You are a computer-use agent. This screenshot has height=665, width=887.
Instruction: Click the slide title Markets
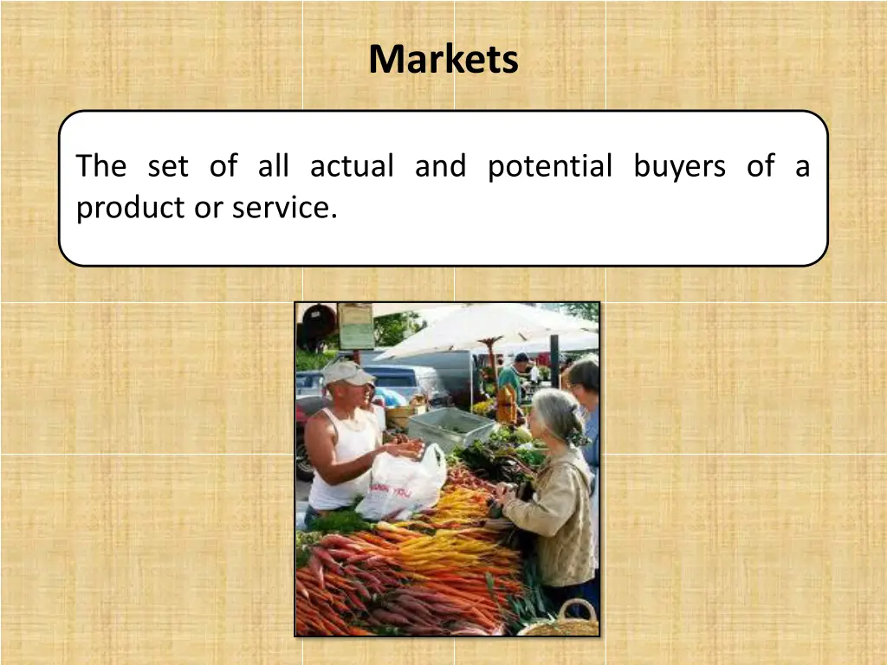[443, 60]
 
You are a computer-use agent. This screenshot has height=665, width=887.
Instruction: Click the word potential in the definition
[549, 166]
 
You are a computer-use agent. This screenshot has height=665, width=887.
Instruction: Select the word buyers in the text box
[679, 166]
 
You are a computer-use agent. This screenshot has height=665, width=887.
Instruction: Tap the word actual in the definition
[352, 166]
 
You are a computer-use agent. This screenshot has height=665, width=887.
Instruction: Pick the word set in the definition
[167, 166]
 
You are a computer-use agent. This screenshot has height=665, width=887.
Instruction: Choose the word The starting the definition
[100, 166]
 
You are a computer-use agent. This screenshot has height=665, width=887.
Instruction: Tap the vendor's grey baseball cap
[346, 373]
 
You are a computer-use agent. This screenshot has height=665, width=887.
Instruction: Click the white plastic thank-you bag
[402, 485]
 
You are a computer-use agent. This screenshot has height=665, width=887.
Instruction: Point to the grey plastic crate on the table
[450, 427]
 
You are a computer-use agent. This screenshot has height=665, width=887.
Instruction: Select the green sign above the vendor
[355, 326]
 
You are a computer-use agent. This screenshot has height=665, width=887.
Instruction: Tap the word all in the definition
[273, 166]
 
